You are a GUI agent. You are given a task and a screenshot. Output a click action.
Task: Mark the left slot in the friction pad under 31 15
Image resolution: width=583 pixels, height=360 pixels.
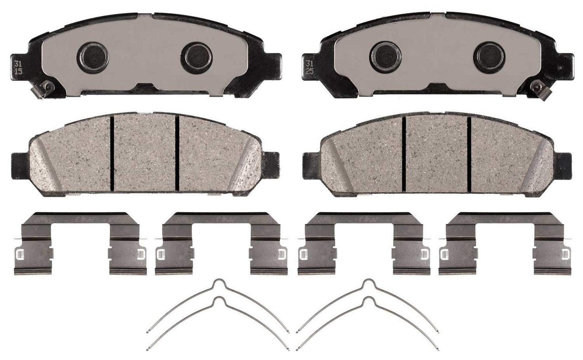click(x=111, y=152)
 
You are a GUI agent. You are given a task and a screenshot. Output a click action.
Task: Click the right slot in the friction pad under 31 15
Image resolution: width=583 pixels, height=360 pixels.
click(x=177, y=152)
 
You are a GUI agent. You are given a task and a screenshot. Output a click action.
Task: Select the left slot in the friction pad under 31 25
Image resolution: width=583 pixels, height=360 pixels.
click(x=404, y=152)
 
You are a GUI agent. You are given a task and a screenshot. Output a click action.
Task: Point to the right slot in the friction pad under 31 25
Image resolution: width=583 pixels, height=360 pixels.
click(x=469, y=152)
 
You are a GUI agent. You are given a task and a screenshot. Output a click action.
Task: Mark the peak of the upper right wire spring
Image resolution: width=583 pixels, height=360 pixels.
click(x=367, y=282)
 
